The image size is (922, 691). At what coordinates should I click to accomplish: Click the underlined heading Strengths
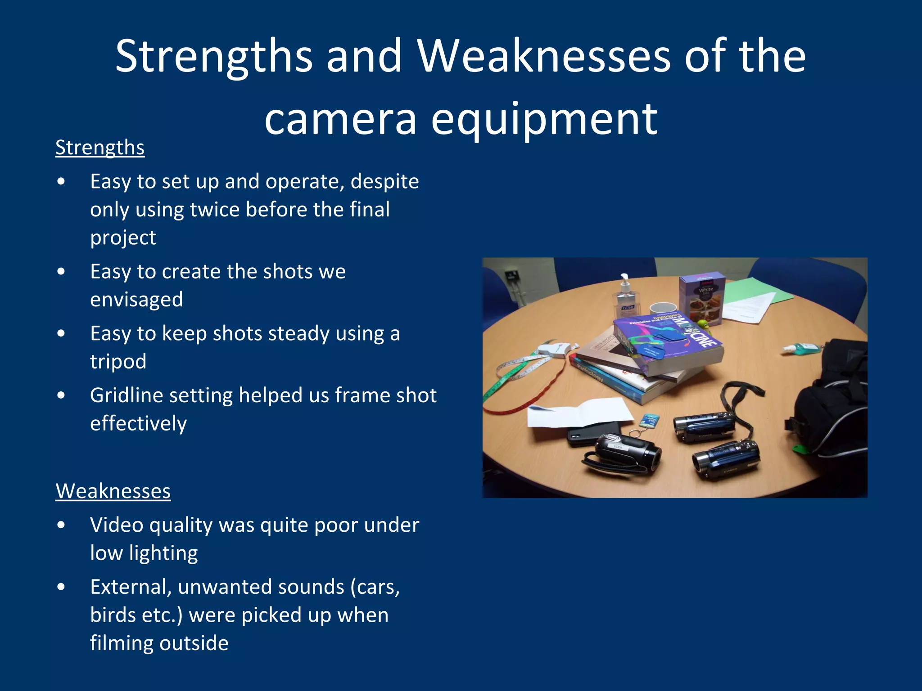[100, 148]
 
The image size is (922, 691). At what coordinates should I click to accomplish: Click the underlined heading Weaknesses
[113, 491]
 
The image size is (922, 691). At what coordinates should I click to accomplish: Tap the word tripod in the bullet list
[118, 361]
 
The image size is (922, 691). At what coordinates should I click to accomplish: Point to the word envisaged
[136, 300]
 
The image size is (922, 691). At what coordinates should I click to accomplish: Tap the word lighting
[163, 553]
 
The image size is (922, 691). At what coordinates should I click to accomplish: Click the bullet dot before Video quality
[62, 525]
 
